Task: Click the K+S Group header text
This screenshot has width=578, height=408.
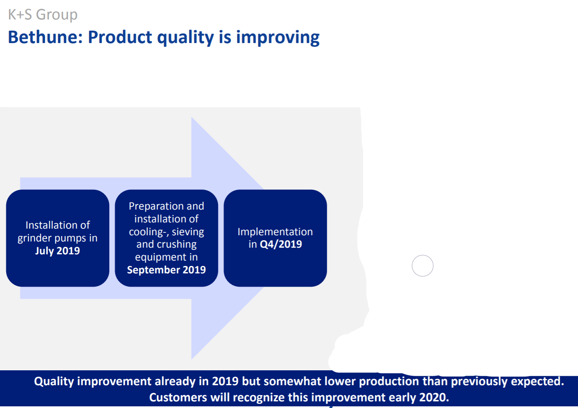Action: (43, 14)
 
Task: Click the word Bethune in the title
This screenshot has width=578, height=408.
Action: (45, 37)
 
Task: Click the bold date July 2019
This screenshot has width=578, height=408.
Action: (58, 251)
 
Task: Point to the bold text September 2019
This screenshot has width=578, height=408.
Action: (166, 270)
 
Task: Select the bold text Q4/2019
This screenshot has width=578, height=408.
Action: (281, 244)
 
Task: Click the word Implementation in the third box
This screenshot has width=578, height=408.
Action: (275, 232)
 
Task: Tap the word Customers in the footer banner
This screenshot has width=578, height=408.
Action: (178, 397)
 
